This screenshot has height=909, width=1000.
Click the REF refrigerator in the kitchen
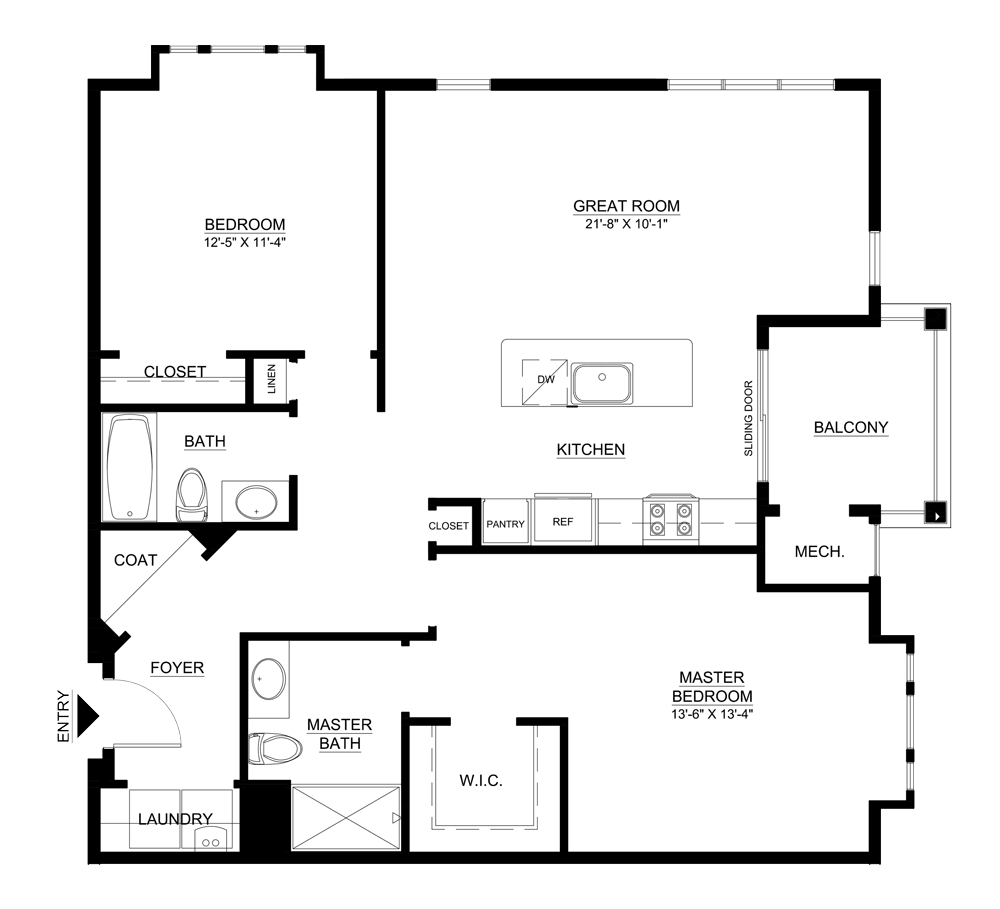pyautogui.click(x=563, y=521)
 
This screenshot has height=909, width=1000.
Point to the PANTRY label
pyautogui.click(x=506, y=524)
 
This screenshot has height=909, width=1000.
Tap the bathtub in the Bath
pyautogui.click(x=131, y=467)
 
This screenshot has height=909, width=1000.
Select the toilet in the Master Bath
pyautogui.click(x=275, y=747)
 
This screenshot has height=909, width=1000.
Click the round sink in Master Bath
pyautogui.click(x=265, y=679)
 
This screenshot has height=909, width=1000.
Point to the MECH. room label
pyautogui.click(x=820, y=551)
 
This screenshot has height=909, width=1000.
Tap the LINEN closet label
pyautogui.click(x=271, y=379)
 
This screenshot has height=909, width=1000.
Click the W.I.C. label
pyautogui.click(x=480, y=780)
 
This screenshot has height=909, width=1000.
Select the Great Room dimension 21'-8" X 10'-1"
pyautogui.click(x=626, y=224)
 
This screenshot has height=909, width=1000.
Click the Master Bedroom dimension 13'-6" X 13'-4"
pyautogui.click(x=711, y=714)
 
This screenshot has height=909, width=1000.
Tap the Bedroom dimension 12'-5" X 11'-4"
pyautogui.click(x=245, y=241)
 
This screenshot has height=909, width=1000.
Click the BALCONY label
pyautogui.click(x=850, y=427)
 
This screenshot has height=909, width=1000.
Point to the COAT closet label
pyautogui.click(x=135, y=560)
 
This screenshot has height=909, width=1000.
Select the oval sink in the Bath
pyautogui.click(x=258, y=500)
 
